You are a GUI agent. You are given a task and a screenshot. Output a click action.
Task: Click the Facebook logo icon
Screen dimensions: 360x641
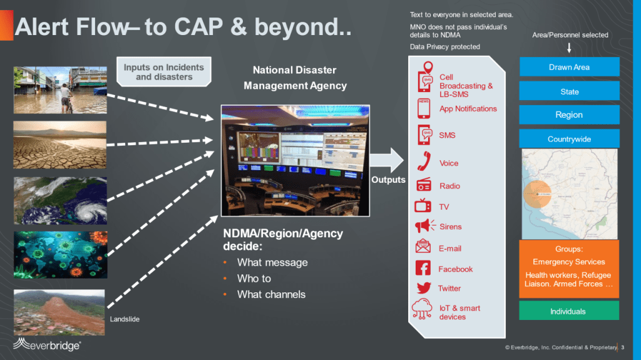coord(423,268)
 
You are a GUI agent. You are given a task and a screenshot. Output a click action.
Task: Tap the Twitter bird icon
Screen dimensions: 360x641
coord(423,288)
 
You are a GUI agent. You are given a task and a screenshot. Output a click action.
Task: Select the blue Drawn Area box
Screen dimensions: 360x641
coord(569,67)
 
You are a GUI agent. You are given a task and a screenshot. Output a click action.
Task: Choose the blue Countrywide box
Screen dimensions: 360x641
coord(569,139)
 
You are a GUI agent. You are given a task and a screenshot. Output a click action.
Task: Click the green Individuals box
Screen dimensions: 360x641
coord(568,311)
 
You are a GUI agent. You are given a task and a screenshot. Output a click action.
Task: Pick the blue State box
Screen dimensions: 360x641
coord(569,91)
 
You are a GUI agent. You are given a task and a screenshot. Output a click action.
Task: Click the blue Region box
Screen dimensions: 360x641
coord(569,115)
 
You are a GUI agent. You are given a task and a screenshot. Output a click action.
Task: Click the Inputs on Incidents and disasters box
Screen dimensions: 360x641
coord(163,72)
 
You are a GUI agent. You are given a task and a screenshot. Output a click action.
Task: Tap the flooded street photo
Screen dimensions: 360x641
coord(60,90)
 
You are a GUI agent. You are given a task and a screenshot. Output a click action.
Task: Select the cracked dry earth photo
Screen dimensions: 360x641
coord(60,145)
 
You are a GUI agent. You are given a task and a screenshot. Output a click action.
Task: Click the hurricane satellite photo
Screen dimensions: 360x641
coord(60,200)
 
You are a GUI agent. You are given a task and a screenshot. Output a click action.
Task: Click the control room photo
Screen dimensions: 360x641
coord(295,160)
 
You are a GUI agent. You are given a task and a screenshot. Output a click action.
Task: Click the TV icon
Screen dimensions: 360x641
coord(423,206)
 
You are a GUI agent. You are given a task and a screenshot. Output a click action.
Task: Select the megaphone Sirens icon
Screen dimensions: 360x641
coord(424,226)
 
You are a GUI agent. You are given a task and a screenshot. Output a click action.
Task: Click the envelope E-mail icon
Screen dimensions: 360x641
coord(423,247)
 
